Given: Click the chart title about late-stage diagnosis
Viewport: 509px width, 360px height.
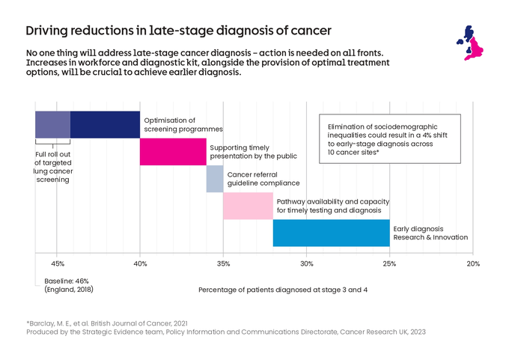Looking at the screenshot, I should pyautogui.click(x=178, y=31).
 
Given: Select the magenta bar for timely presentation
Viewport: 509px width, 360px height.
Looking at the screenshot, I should pyautogui.click(x=173, y=152).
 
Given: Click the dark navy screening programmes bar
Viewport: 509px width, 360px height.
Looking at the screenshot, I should pyautogui.click(x=105, y=124).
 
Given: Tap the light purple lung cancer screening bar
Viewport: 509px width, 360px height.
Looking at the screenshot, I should pyautogui.click(x=52, y=124).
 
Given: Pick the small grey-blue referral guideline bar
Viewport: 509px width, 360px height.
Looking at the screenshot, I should pyautogui.click(x=215, y=179).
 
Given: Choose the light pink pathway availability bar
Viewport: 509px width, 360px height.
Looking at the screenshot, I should pyautogui.click(x=248, y=206).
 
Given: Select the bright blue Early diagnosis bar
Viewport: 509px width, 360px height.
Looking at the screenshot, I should pyautogui.click(x=331, y=233).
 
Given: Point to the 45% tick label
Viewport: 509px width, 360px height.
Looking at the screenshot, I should pyautogui.click(x=58, y=263).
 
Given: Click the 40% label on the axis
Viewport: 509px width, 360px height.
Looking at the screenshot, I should pyautogui.click(x=140, y=263).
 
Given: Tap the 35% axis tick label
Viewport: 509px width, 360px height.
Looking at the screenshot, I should pyautogui.click(x=223, y=263).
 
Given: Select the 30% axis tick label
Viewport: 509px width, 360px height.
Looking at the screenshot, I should pyautogui.click(x=306, y=263).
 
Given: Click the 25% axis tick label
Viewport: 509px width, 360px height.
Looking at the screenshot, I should pyautogui.click(x=389, y=263).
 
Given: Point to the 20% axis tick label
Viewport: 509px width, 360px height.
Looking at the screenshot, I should pyautogui.click(x=472, y=263).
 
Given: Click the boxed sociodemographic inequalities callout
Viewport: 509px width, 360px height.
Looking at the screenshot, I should pyautogui.click(x=391, y=138).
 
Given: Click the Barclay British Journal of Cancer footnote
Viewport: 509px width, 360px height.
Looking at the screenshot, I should pyautogui.click(x=107, y=323).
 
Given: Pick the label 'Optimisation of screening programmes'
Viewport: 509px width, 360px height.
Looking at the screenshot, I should pyautogui.click(x=170, y=124).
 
